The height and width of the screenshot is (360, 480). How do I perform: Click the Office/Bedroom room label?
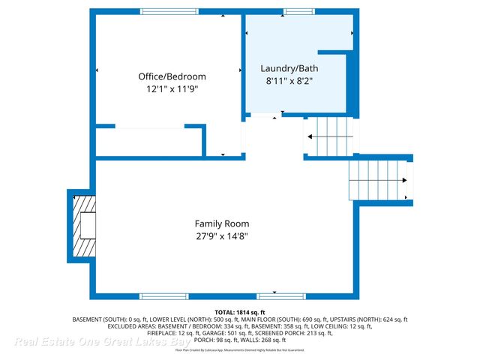(172, 76)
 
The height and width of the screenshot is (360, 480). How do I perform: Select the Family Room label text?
(222, 223)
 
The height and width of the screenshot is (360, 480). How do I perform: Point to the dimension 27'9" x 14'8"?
(222, 236)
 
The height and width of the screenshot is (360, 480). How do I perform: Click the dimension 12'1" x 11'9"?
(172, 88)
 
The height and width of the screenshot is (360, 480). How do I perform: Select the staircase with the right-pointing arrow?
(381, 180)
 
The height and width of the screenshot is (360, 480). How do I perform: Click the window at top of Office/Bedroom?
(169, 11)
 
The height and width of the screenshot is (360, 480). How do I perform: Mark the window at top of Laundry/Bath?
(298, 11)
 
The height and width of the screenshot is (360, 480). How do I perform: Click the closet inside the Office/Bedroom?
(149, 142)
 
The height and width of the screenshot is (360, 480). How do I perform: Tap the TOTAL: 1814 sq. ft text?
(240, 311)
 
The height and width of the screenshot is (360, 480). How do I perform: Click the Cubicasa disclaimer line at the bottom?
(240, 349)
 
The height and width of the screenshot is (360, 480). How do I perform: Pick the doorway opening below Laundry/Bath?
(263, 116)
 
